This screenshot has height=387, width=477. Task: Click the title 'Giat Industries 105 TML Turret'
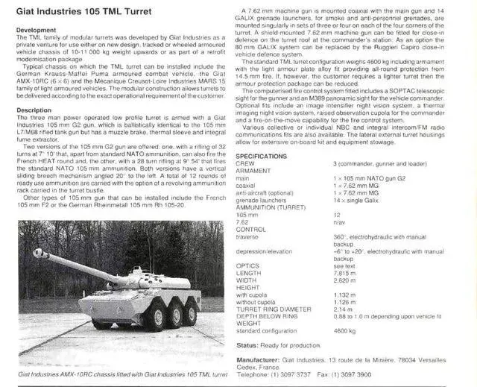click(x=84, y=10)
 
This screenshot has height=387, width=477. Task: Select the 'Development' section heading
click(x=37, y=30)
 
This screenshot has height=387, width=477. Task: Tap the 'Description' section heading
click(x=34, y=110)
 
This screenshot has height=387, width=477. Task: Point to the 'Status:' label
click(x=250, y=344)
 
